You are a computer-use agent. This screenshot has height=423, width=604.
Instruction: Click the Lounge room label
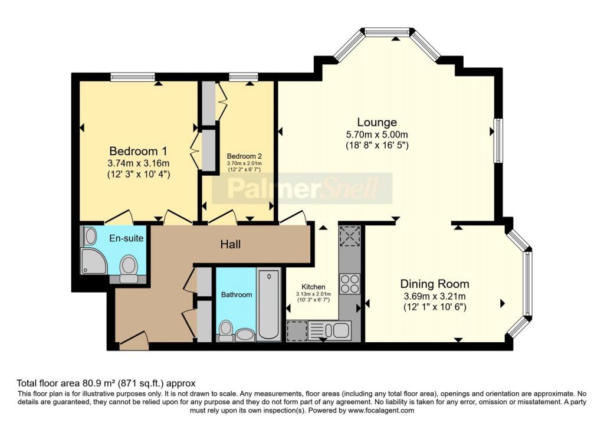click(x=377, y=122)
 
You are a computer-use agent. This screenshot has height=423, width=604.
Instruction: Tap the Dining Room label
click(x=435, y=284)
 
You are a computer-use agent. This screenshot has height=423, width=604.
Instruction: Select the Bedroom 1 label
click(x=138, y=150)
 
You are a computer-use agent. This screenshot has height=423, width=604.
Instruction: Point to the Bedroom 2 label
click(x=244, y=156)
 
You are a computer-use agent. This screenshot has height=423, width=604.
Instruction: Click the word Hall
click(x=231, y=244)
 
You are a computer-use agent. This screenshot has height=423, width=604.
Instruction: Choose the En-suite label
click(x=126, y=238)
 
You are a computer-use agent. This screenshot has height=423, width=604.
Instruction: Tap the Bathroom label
click(x=237, y=295)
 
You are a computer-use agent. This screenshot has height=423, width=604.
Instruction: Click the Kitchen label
click(x=313, y=287)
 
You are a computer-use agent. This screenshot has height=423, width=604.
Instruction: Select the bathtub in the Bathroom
click(x=268, y=304)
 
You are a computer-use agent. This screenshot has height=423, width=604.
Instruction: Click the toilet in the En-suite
click(x=129, y=269)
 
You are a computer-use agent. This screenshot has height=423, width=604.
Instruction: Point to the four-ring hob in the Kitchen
click(x=350, y=284)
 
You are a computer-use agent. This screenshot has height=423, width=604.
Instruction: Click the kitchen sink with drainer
click(x=329, y=331)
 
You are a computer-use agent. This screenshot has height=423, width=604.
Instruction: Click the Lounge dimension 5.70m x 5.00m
click(x=377, y=135)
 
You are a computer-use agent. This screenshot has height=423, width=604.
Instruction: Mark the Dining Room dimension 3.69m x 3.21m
click(x=435, y=297)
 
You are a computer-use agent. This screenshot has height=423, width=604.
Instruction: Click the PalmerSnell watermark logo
click(x=302, y=188)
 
